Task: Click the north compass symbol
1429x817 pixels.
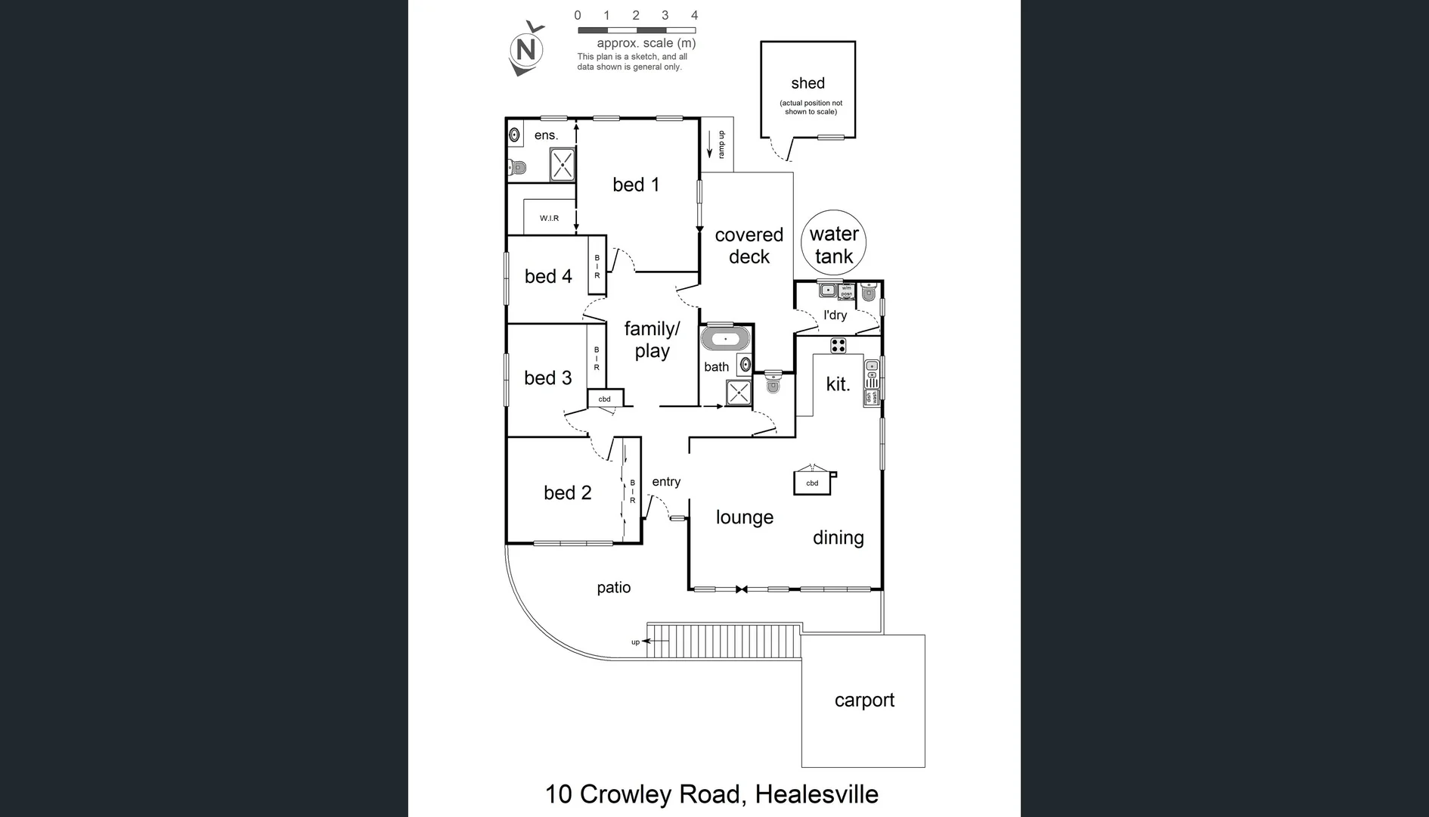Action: coord(526,50)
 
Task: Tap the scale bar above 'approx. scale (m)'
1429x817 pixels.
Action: coord(636,30)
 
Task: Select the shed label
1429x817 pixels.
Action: coord(807,83)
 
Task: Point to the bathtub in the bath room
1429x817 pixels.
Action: coord(725,338)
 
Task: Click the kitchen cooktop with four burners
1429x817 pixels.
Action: coord(838,346)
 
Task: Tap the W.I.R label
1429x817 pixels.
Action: coord(549,218)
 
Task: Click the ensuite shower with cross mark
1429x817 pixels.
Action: coord(562,164)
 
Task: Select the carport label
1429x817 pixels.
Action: coord(864,701)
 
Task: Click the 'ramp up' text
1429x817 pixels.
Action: coord(721,144)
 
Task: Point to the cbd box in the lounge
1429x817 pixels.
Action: coord(812,483)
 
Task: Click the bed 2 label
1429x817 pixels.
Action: coord(567,492)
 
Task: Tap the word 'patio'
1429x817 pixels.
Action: coord(613,588)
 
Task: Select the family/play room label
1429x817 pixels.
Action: coord(652,340)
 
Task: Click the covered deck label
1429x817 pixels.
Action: coord(749,246)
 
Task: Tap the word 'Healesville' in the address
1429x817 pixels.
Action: coord(817,794)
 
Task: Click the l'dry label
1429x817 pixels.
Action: coord(835,315)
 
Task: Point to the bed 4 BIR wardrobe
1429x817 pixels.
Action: coord(597,266)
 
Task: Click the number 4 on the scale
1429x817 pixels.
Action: coord(694,15)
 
